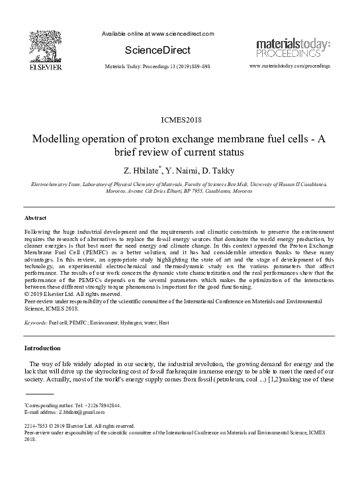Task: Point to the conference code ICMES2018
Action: click(x=179, y=120)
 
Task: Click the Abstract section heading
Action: click(x=36, y=199)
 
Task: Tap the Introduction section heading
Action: click(x=42, y=348)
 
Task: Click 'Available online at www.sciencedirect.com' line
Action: click(x=158, y=34)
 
